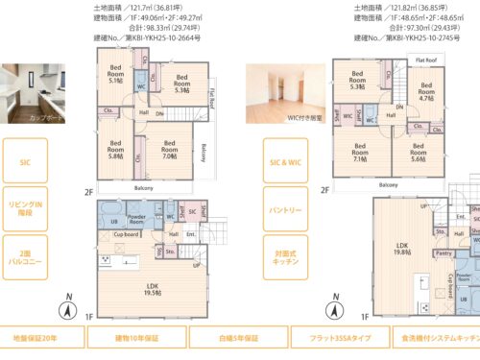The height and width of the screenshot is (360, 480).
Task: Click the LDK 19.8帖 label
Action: (x=402, y=248)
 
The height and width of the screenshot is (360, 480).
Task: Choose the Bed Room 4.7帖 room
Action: (x=426, y=92)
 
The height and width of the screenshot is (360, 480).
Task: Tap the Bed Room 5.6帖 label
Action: (x=419, y=153)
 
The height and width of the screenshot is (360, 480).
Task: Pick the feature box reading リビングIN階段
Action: (x=26, y=209)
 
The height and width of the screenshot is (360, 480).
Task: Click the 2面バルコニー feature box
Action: (x=26, y=256)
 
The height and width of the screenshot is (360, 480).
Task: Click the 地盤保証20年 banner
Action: (x=41, y=339)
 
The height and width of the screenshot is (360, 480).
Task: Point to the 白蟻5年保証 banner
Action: (x=238, y=339)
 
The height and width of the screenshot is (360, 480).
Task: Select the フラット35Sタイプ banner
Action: (x=340, y=339)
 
